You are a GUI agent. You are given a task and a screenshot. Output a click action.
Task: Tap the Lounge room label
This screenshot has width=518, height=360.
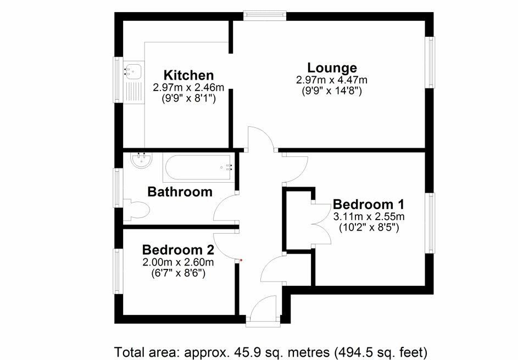pos(332,68)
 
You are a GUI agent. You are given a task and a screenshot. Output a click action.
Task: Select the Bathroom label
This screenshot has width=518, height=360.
pos(180,192)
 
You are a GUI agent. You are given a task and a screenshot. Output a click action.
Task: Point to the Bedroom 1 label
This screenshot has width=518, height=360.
pos(369,204)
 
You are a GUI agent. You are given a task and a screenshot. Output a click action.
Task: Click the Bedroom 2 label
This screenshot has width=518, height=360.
pos(177,250)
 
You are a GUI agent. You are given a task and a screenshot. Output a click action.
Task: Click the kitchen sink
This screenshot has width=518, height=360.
pos(133,70)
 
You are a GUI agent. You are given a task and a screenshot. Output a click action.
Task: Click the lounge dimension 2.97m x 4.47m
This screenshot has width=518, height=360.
pos(331,80)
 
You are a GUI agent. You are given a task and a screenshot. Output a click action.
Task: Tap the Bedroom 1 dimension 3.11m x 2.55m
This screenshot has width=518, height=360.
pos(369,216)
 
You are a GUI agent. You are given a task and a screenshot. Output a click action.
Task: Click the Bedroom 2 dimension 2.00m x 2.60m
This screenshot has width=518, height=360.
pos(177,262)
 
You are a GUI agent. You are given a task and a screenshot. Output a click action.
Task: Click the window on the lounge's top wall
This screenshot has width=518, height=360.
pos(265,15)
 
